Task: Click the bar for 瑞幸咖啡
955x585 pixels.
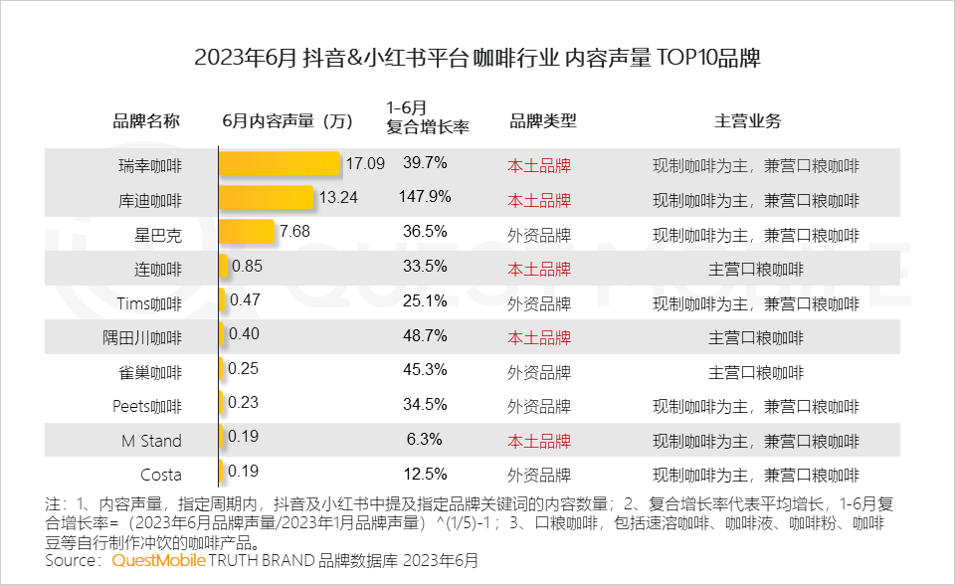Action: coord(280,164)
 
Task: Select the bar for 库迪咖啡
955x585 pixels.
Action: coord(266,199)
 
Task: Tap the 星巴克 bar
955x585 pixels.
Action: coord(246,233)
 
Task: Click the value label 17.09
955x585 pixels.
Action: coord(365,163)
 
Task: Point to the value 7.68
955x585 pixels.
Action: coord(296,233)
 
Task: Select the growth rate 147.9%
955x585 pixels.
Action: coord(425,198)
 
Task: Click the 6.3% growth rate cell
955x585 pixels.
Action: coord(425,439)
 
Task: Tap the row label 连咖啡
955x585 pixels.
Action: coord(157,269)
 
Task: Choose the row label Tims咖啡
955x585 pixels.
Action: coord(149,303)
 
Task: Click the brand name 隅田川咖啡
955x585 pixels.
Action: coord(150,338)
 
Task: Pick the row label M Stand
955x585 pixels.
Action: coord(151,440)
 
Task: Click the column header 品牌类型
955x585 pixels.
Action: coord(542,121)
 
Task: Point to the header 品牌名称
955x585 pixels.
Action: coord(146,121)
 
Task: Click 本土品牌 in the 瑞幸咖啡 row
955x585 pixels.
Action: coord(539,165)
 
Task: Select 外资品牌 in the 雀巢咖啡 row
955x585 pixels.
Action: coord(539,373)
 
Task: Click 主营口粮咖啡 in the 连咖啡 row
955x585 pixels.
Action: coord(755,269)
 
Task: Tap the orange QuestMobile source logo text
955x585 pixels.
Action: coord(159,561)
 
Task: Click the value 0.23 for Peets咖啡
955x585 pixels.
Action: coord(245,404)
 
